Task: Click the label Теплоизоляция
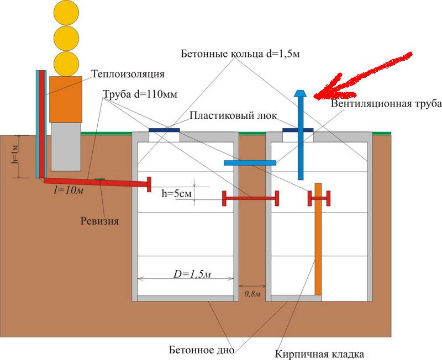tap(128, 73)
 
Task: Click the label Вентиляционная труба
tap(377, 104)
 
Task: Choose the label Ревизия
tap(98, 221)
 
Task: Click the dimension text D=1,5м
tap(186, 274)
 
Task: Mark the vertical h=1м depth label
tap(15, 156)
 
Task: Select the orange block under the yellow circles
tap(66, 99)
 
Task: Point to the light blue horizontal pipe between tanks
tap(250, 162)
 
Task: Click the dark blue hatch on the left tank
tap(164, 130)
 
